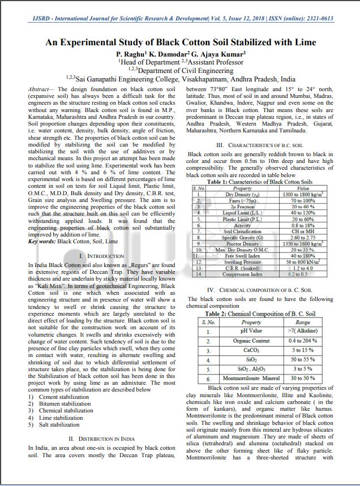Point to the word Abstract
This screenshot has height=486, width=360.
click(x=38, y=89)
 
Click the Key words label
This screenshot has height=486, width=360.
click(x=41, y=242)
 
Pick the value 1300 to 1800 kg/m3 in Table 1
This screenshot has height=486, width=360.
click(x=303, y=194)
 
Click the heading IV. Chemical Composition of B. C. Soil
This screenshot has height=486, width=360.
click(x=259, y=290)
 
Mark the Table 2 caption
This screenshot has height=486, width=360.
click(x=260, y=313)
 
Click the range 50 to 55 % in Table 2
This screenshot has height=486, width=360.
click(x=303, y=359)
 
